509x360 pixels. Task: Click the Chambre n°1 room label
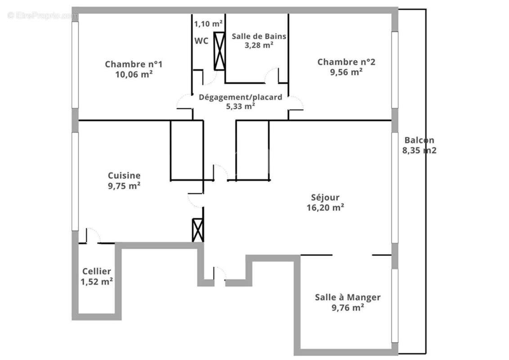(134, 64)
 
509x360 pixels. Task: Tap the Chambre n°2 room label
(346, 62)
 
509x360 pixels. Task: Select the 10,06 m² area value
(134, 75)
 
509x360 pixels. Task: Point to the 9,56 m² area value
(346, 72)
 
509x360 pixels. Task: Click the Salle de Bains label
(259, 36)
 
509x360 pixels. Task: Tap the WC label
(201, 41)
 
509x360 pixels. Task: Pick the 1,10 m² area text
(209, 23)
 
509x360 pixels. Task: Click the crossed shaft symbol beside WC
(219, 51)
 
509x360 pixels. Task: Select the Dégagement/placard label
(241, 97)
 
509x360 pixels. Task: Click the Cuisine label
(124, 175)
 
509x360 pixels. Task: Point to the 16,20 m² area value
(325, 207)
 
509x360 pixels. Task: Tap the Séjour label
(325, 197)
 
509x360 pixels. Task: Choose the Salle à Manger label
(348, 297)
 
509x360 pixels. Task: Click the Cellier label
(97, 271)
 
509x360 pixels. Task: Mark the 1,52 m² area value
(97, 282)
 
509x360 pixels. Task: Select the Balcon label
(419, 140)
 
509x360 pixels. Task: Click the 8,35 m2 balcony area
(419, 150)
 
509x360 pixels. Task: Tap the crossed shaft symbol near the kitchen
(197, 230)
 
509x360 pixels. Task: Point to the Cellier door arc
(93, 235)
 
